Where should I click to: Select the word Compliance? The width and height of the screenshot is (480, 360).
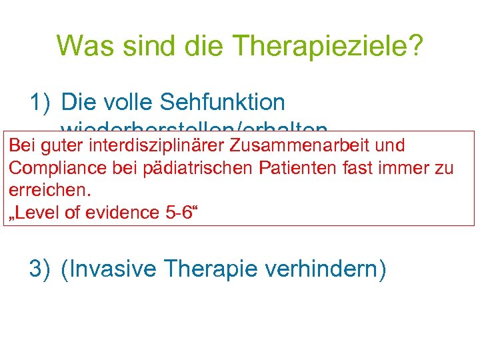pos(49,168)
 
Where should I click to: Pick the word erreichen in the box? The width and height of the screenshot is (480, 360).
pos(49,190)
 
